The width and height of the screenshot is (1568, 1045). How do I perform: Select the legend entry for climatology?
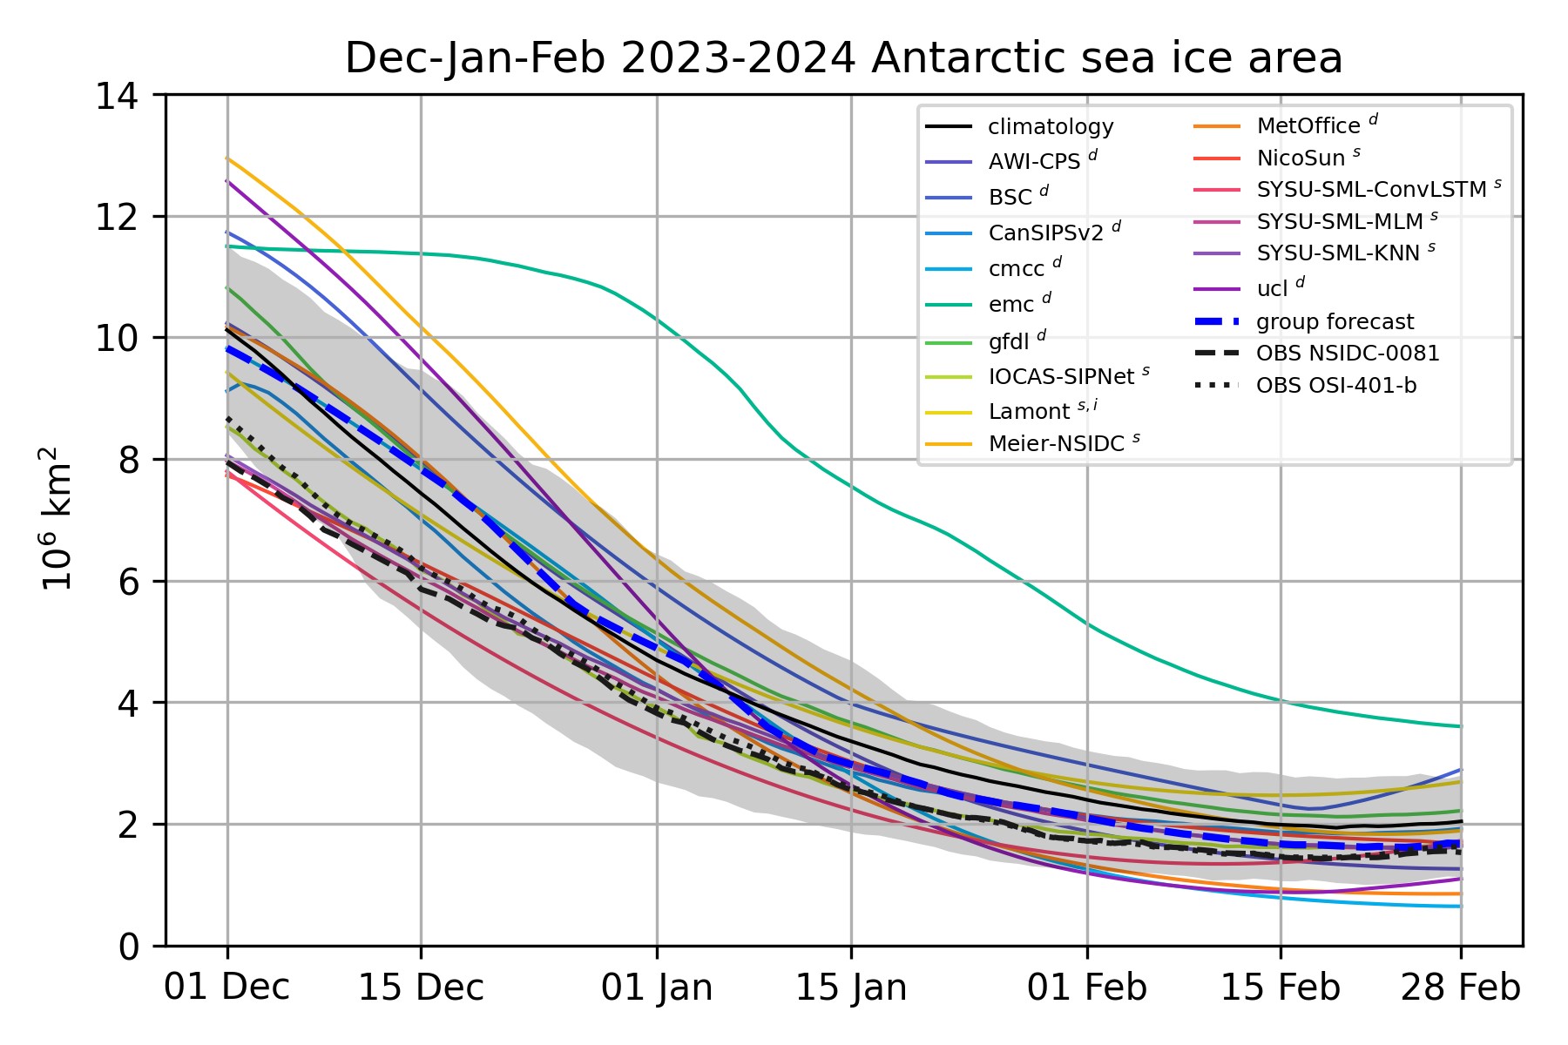coord(1051,127)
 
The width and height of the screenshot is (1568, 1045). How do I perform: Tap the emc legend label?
coord(1010,304)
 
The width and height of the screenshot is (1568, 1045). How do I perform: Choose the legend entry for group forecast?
coord(1335,322)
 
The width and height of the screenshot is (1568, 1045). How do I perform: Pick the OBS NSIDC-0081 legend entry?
coord(1347,354)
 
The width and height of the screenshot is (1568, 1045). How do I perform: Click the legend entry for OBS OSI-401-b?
coord(1335,386)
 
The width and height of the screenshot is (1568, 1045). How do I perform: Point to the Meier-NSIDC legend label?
coord(1056,444)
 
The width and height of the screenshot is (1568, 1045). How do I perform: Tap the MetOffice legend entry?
coord(1308,126)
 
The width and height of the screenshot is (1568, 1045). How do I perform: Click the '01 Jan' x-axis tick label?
coord(657,988)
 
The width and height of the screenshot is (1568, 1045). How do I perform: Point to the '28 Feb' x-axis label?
coord(1460,988)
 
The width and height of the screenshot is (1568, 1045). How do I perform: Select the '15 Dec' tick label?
coord(421,988)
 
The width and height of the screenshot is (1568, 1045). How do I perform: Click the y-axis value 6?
coord(128,582)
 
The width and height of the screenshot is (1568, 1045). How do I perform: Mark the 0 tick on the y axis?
coord(128,947)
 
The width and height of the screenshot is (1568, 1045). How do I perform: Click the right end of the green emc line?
coord(1461,726)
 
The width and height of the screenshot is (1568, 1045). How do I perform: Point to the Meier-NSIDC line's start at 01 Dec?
coord(227,158)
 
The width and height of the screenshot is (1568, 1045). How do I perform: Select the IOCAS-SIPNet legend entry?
coord(1060,377)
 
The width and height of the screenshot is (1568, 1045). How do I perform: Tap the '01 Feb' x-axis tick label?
coord(1086,988)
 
